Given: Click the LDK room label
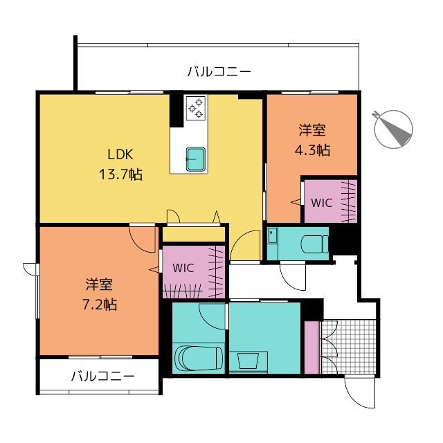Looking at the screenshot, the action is pos(120,154).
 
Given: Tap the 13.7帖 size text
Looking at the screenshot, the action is pos(120,174).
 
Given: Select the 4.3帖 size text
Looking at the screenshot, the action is pos(312,150).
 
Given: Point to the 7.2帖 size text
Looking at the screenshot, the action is pos(100,305).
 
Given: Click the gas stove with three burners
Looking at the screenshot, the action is pos(195,108).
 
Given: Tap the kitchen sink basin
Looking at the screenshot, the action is pos(195,159).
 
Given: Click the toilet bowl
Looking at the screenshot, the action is pos(314,244).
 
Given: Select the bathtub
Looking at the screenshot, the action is pos(199,358).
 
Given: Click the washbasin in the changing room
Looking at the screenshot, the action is pos(248,361).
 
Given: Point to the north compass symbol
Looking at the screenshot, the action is pos(393,129).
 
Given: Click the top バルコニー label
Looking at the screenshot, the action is pos(219,71).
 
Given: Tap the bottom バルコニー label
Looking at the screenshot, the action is pos(102,376).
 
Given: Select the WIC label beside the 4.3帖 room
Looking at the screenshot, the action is pos(321,203).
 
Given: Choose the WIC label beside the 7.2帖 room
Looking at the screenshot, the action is pos(183,268).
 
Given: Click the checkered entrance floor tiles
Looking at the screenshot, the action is pos(349,347).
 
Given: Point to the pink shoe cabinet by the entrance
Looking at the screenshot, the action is pos(311,347).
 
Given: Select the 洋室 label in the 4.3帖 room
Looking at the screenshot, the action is pos(312,130).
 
